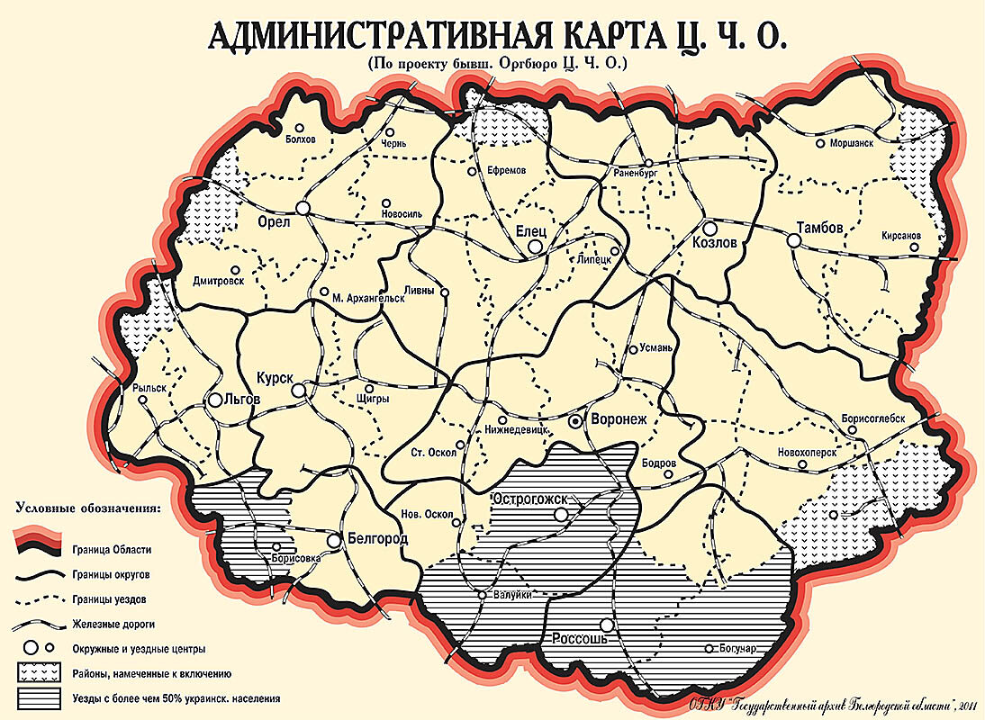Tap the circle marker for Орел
tap(303, 208)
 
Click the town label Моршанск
tap(851, 143)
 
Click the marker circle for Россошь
tap(608, 625)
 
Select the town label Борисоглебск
tap(880, 418)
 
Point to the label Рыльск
tap(149, 387)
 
